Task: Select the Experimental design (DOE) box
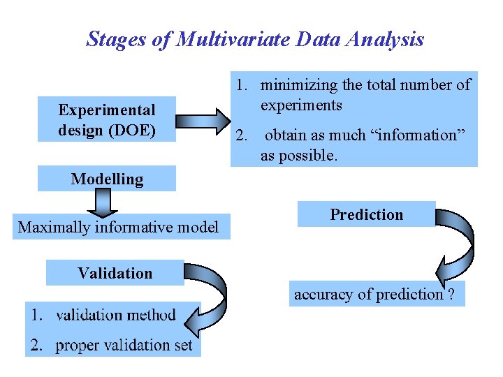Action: click(x=107, y=119)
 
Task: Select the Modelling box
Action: click(x=107, y=179)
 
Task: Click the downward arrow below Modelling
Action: click(x=103, y=203)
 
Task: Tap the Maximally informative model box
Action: click(x=119, y=227)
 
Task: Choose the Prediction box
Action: click(x=367, y=214)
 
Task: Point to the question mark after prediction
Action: click(x=451, y=295)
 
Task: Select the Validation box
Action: click(x=115, y=273)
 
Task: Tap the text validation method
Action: click(x=115, y=315)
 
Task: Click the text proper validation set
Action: click(x=124, y=345)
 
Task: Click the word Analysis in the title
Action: click(x=388, y=39)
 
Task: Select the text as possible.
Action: click(x=299, y=156)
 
